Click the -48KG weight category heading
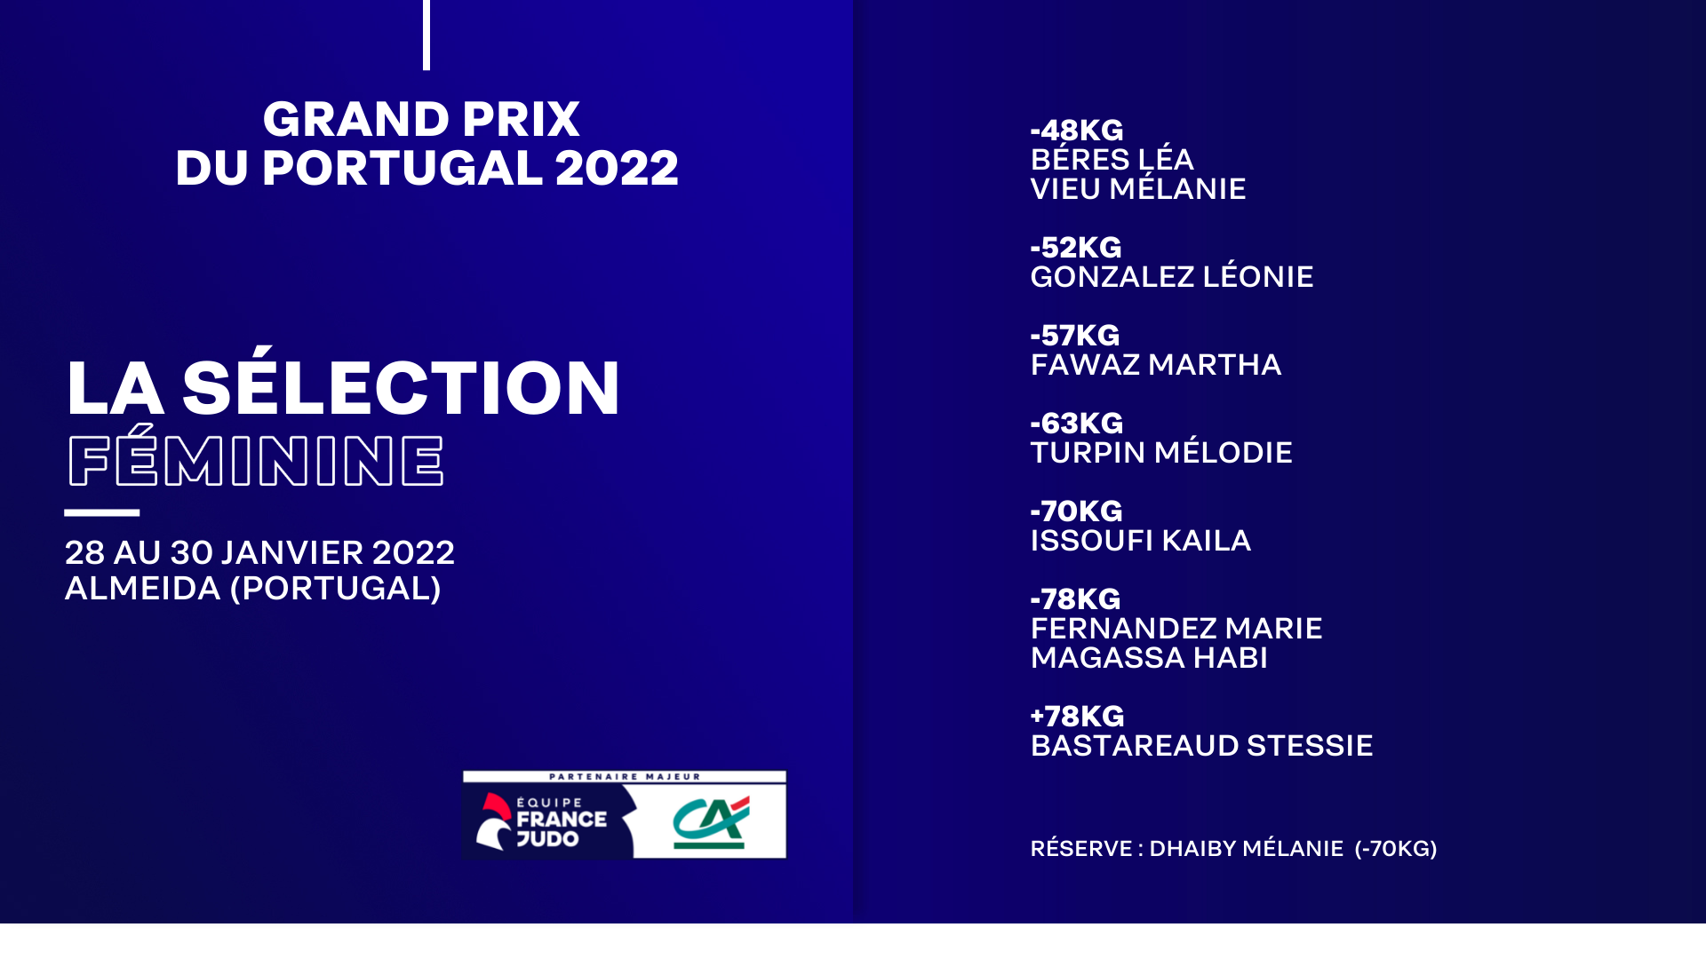(1077, 131)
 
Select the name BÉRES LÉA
(1112, 159)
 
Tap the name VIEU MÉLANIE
(1138, 188)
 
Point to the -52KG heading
(1076, 248)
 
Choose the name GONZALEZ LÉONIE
(1172, 276)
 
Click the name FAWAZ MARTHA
(1156, 365)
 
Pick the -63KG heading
(1077, 424)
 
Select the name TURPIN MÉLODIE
(1161, 452)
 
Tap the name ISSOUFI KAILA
(1141, 541)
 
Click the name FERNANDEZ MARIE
(1176, 629)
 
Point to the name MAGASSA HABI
(1149, 658)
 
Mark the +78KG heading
(1077, 717)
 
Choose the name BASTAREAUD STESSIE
(1202, 746)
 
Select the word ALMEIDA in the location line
(143, 589)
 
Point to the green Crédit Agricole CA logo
(711, 822)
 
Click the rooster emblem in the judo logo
(494, 821)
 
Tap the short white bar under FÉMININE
(102, 512)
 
